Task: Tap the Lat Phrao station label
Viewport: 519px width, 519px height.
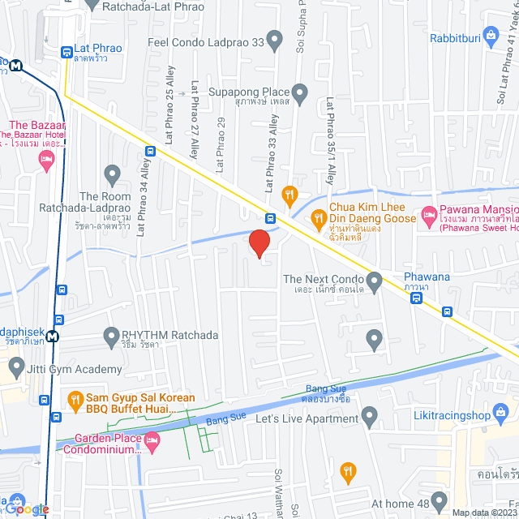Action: pyautogui.click(x=97, y=49)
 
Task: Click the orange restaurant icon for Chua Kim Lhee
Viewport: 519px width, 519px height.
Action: pyautogui.click(x=319, y=217)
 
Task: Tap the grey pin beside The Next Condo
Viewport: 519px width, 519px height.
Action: pyautogui.click(x=374, y=282)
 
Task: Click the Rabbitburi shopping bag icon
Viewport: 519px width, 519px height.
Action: pyautogui.click(x=490, y=35)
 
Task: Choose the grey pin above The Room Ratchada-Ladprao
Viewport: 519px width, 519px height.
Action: pyautogui.click(x=112, y=174)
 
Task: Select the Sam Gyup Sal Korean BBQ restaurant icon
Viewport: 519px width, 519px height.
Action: pyautogui.click(x=75, y=398)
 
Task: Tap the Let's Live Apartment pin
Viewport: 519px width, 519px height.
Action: pyautogui.click(x=370, y=418)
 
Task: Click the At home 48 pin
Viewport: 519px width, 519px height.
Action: pyautogui.click(x=439, y=500)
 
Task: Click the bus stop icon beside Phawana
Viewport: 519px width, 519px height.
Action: pyautogui.click(x=416, y=298)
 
